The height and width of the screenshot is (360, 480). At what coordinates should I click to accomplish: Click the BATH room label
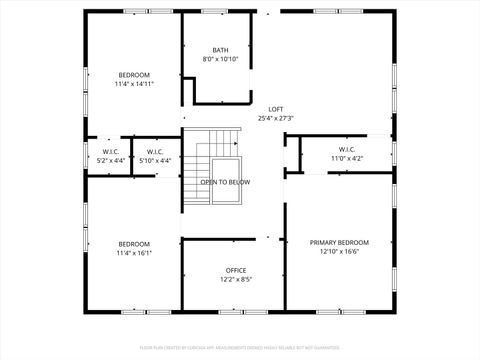[221, 50]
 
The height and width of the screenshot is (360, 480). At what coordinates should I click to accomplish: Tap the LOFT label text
[275, 109]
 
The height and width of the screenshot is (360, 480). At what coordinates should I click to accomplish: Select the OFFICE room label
[236, 270]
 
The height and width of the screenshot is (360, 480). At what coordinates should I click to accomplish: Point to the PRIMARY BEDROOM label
[339, 242]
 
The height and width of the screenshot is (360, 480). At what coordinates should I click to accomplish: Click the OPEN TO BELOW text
[225, 182]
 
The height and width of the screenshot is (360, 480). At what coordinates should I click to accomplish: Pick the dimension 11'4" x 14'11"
[134, 85]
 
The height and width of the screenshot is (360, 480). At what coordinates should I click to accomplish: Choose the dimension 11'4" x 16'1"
[134, 253]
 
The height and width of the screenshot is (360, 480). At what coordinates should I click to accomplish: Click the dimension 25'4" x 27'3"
[275, 118]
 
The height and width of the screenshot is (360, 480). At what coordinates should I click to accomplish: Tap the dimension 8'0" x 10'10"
[221, 59]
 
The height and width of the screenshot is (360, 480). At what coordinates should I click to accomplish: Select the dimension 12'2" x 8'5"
[236, 279]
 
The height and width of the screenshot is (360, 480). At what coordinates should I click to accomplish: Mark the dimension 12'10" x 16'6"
[339, 251]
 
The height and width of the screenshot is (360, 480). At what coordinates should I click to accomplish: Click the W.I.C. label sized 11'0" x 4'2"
[347, 149]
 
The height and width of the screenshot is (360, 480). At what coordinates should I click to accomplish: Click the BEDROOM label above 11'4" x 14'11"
[134, 76]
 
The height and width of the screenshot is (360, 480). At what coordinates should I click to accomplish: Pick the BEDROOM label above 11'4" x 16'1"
[134, 244]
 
